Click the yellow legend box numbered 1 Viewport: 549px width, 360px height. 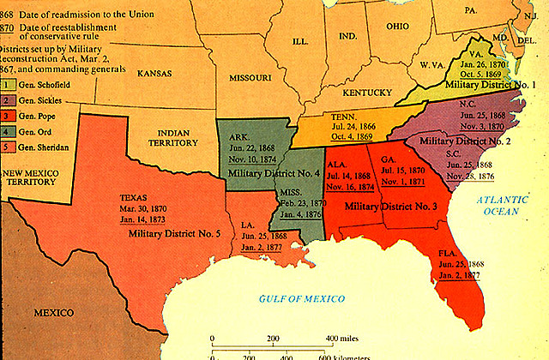pos(6,84)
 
